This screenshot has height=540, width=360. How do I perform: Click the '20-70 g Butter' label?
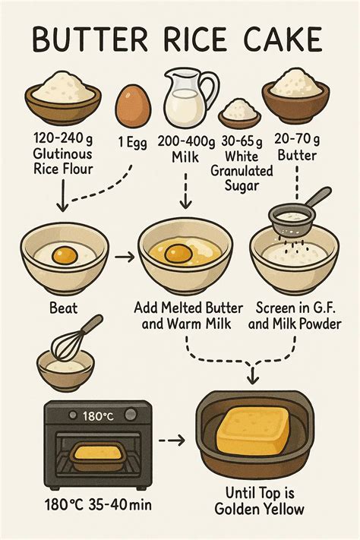point(297,148)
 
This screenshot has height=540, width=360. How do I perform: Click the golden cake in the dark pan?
point(254,429)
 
